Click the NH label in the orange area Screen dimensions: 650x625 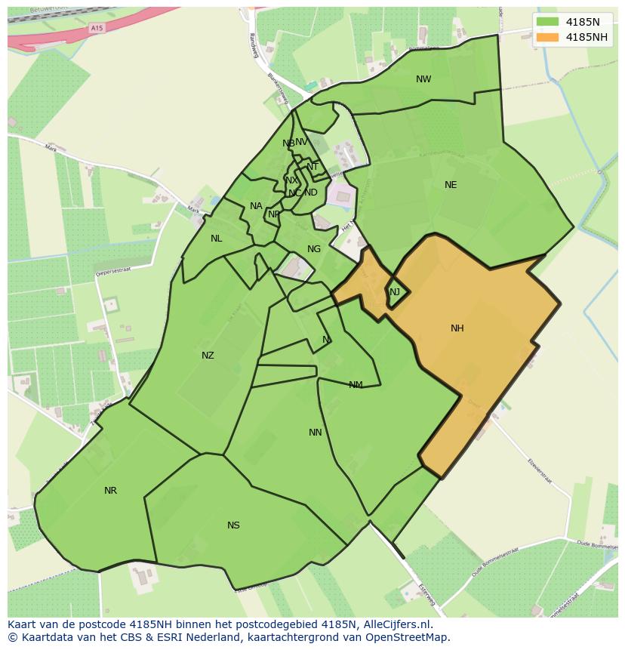tap(457, 328)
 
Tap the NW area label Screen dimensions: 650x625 tap(423, 79)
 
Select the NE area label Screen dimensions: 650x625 tap(451, 185)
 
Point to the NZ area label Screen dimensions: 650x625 tap(208, 356)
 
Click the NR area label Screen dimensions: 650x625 tap(110, 491)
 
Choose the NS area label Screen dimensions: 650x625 tap(233, 525)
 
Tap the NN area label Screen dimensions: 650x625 tap(316, 433)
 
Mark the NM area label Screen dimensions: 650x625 tap(356, 385)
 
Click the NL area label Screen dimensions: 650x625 tap(217, 239)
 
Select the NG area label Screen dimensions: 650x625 tap(314, 249)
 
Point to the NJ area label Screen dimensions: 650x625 tap(395, 292)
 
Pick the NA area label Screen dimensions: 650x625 tap(256, 206)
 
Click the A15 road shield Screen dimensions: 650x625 tap(96, 28)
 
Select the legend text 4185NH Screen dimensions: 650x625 tap(588, 37)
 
